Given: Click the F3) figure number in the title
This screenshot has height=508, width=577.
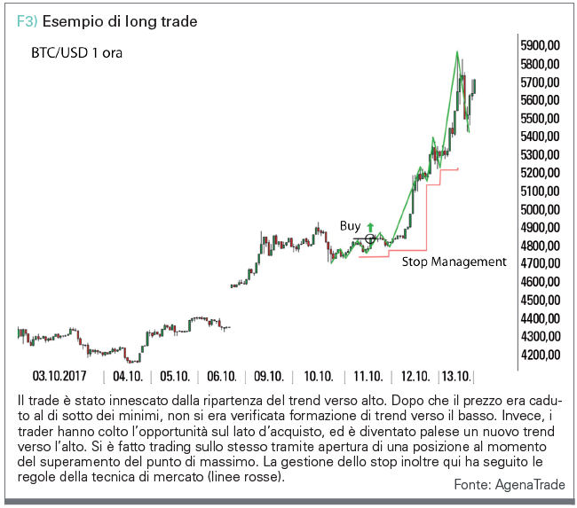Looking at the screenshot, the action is tap(28, 21).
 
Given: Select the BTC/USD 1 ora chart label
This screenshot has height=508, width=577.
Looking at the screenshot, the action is tap(76, 53).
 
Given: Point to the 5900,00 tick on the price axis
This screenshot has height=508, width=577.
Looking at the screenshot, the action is tap(541, 45).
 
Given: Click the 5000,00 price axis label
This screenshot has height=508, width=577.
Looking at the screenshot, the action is tap(541, 209).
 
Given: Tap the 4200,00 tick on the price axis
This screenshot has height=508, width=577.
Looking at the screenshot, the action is tap(541, 355).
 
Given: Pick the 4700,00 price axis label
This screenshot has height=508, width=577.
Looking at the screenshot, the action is tap(541, 263).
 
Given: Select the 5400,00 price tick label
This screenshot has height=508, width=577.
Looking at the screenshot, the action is tap(541, 137).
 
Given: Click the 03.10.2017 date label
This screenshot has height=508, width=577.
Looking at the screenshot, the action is tap(59, 376).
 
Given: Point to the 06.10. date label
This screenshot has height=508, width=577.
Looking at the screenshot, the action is tap(222, 376).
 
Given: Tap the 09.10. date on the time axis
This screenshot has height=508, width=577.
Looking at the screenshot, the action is tap(269, 376).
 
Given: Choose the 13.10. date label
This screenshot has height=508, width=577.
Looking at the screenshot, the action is tap(456, 376).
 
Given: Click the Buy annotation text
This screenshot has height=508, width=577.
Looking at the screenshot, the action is tap(351, 226).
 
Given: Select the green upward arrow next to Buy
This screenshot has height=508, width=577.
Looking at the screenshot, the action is tap(370, 228).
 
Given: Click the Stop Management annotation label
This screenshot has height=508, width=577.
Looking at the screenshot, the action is tap(454, 262).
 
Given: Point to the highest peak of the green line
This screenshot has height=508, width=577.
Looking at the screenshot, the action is tap(457, 51).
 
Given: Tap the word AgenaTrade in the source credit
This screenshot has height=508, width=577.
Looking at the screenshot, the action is tap(530, 485).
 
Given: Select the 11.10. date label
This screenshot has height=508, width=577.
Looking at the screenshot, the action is tap(368, 376).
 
